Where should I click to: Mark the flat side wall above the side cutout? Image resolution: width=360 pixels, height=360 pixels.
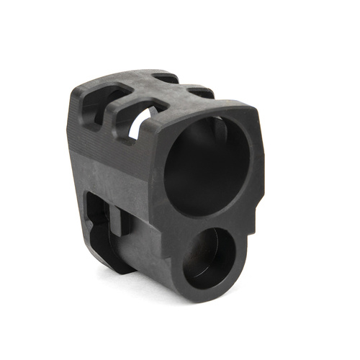(108, 162)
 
